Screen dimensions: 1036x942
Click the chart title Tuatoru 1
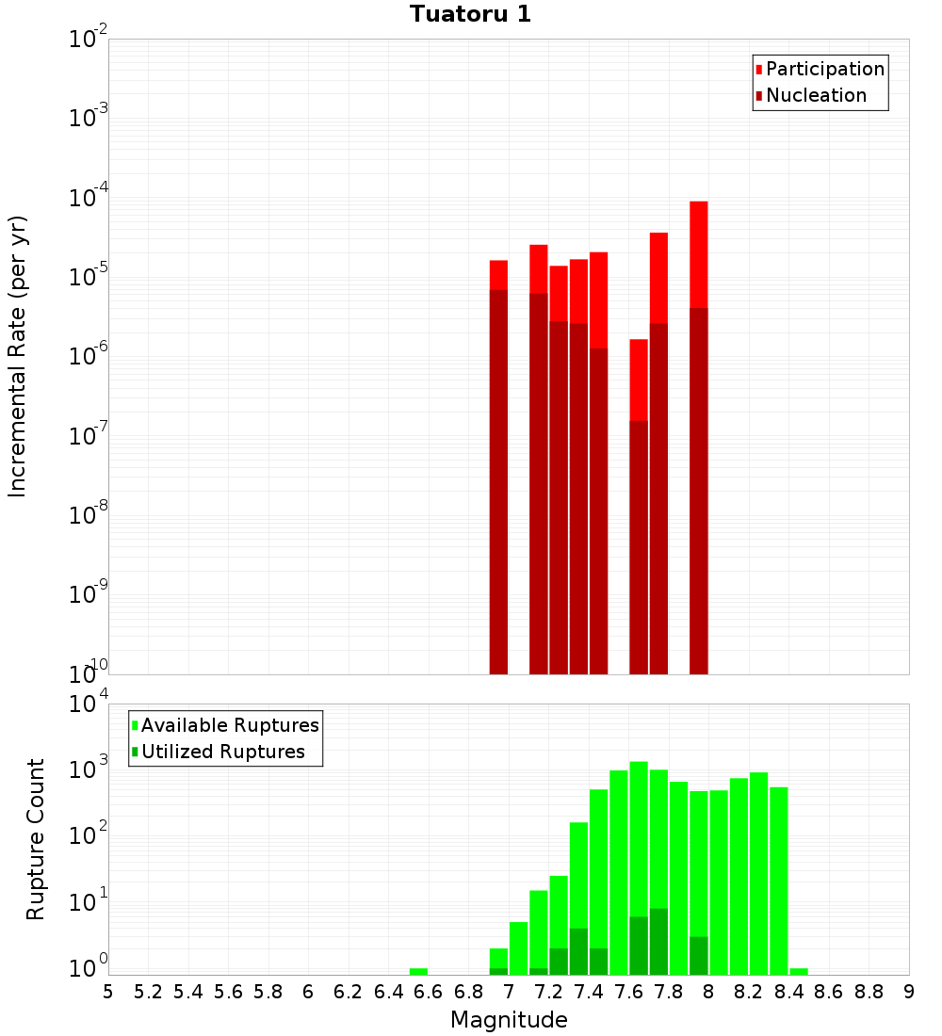[470, 15]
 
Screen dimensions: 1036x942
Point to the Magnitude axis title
[509, 1020]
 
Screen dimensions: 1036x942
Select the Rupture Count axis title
[36, 839]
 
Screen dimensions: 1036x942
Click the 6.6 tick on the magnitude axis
[429, 991]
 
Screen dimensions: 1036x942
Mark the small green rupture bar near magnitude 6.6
[418, 971]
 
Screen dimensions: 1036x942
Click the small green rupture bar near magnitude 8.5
[799, 971]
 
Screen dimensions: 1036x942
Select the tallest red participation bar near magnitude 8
[698, 254]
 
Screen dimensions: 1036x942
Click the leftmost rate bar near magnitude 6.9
[498, 471]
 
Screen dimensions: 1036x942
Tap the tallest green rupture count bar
[639, 866]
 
